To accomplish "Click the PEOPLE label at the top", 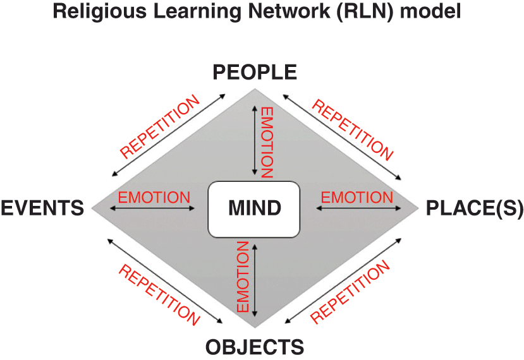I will coord(255,73).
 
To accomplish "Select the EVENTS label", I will coord(42,208).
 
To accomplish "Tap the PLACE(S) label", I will coord(475,208).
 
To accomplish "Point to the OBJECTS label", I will coord(255,347).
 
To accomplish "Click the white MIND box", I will coord(253,208).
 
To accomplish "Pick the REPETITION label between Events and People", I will coord(159,126).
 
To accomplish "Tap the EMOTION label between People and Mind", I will coord(267,142).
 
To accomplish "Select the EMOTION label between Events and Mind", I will coord(154,197).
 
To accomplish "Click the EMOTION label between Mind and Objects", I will coord(241,276).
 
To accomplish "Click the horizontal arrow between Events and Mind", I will coord(154,207).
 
